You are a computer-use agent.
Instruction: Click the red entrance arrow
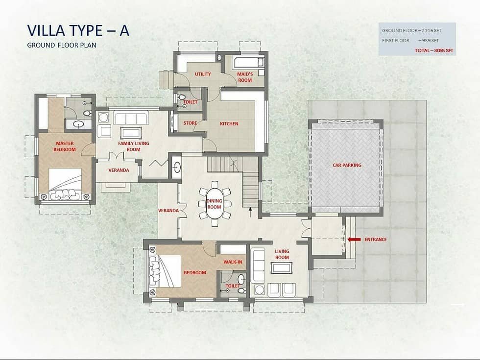coord(354,240)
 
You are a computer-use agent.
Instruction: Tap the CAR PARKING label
coord(347,165)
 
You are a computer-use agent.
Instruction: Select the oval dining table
coord(215,203)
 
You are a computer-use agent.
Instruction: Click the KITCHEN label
coord(229,123)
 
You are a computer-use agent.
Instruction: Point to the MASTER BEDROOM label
coord(65,146)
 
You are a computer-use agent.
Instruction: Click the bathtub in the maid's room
coord(248,63)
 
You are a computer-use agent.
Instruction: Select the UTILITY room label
coord(203,74)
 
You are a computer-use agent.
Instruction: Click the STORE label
coord(190,123)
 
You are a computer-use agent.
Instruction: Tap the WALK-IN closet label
coord(233,262)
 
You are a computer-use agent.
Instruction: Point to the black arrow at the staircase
coord(250,212)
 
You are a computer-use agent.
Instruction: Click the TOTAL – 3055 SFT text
coord(433,50)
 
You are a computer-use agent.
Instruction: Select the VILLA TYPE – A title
coord(78,30)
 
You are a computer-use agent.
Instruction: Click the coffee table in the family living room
coord(131,133)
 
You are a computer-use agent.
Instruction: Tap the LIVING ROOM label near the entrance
coord(282,254)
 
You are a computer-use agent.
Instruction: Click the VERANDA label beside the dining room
coord(168,211)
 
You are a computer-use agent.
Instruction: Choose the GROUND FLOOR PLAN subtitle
coord(62,45)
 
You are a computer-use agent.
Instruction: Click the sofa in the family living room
coord(131,118)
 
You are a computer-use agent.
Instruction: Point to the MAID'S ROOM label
coord(245,77)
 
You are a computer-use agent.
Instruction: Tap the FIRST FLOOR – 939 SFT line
coord(410,40)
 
